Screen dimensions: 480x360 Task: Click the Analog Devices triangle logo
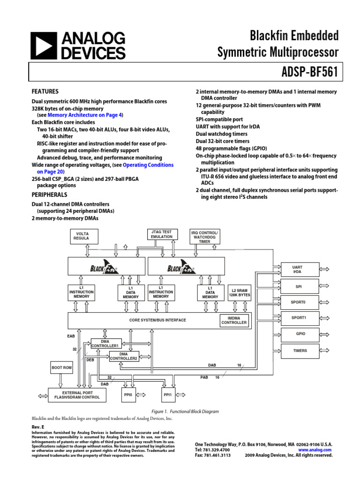pyautogui.click(x=45, y=45)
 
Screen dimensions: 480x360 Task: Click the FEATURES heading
pyautogui.click(x=45, y=91)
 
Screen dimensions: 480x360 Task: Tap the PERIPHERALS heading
pyautogui.click(x=49, y=195)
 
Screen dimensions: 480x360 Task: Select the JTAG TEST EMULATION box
pyautogui.click(x=162, y=234)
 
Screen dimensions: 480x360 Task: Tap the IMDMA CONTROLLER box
pyautogui.click(x=234, y=320)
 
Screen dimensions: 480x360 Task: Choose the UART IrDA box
pyautogui.click(x=297, y=270)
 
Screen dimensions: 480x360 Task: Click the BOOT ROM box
pyautogui.click(x=61, y=368)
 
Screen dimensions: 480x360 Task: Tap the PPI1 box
pyautogui.click(x=168, y=395)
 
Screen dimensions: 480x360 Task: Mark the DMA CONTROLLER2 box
pyautogui.click(x=124, y=356)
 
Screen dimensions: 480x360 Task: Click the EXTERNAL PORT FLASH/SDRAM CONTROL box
pyautogui.click(x=77, y=395)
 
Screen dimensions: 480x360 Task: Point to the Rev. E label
pyautogui.click(x=37, y=427)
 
